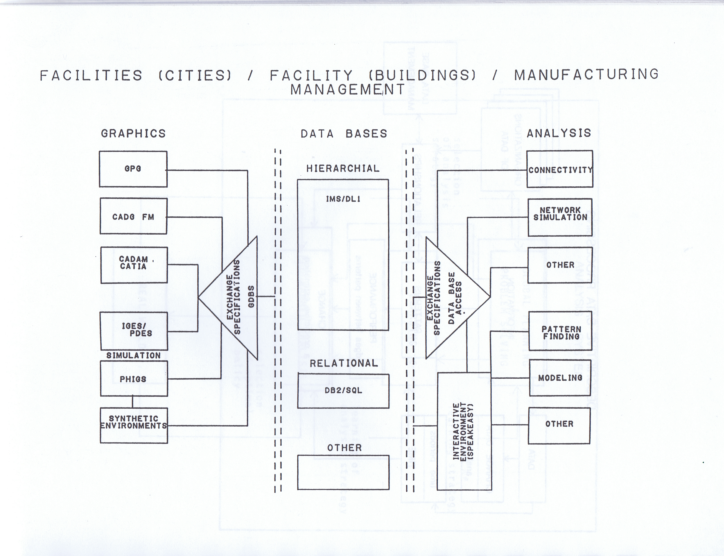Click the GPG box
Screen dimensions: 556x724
click(x=133, y=169)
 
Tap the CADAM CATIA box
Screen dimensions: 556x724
click(x=134, y=265)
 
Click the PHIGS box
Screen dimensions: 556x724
click(x=134, y=379)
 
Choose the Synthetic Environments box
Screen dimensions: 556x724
click(x=134, y=425)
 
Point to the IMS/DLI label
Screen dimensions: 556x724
click(x=343, y=199)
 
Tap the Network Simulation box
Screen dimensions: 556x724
click(x=560, y=217)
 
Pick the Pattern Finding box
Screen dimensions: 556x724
click(x=561, y=331)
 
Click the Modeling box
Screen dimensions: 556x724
click(x=560, y=378)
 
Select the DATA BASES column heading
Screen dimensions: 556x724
click(x=344, y=134)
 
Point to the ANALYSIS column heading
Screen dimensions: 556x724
click(x=559, y=133)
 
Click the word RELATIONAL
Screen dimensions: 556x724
click(x=344, y=363)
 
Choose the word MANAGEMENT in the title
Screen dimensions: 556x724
click(x=348, y=89)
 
